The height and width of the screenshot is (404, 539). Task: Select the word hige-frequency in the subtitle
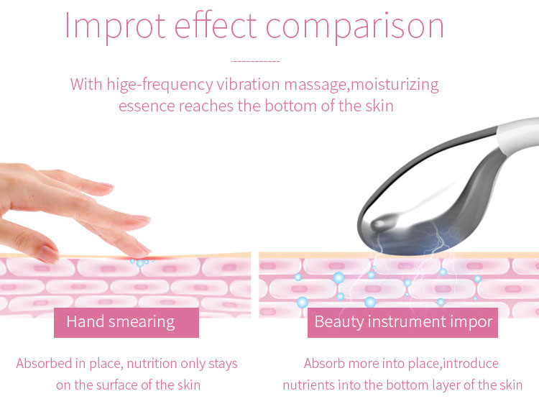[x=160, y=85]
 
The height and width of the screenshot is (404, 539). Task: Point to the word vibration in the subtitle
[x=249, y=84]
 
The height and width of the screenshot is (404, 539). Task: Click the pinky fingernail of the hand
[x=48, y=253]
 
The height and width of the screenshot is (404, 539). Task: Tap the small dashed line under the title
[x=255, y=62]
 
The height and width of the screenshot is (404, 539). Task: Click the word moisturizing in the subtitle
[x=394, y=84]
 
